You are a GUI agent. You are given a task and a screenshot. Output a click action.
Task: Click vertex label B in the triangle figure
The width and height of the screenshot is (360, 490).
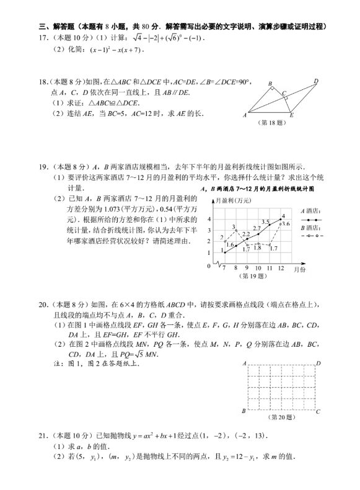(x=270, y=83)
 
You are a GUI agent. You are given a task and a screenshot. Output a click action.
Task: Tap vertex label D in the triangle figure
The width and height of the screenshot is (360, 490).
(x=315, y=81)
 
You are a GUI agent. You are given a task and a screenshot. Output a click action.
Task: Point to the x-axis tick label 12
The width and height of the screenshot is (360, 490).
(x=281, y=268)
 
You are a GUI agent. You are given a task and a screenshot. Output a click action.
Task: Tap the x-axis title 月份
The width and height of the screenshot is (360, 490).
(x=300, y=270)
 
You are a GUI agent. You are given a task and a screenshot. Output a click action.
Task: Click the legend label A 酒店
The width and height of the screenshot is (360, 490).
(x=310, y=212)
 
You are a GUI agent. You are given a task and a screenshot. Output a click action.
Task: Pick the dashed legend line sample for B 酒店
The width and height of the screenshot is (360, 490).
(x=310, y=236)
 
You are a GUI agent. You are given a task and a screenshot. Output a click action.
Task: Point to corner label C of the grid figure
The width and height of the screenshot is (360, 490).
(x=318, y=411)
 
